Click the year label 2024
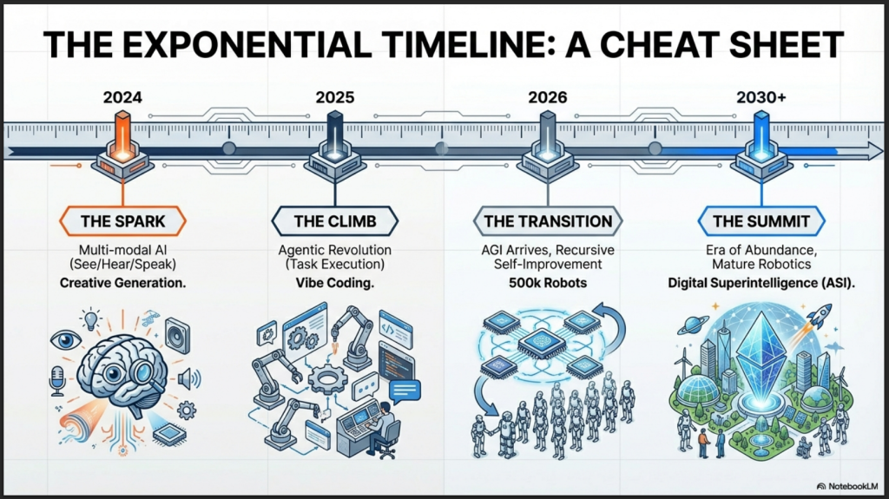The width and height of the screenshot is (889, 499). [x=122, y=97]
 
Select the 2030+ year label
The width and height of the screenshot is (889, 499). [x=761, y=97]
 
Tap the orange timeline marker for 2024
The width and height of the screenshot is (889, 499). [x=122, y=147]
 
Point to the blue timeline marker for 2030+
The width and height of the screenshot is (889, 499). [x=761, y=147]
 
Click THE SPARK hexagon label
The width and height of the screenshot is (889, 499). [x=122, y=221]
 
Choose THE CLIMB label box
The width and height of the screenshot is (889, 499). [x=335, y=221]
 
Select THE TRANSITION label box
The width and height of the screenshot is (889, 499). [x=548, y=221]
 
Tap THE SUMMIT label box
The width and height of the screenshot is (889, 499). [x=761, y=221]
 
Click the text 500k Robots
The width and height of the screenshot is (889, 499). [x=548, y=282]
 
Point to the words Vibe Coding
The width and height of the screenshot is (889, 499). [x=335, y=283]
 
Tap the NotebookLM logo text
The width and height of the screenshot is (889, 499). [x=853, y=486]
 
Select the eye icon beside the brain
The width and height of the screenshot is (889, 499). [x=66, y=340]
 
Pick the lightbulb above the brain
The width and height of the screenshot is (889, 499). [x=90, y=319]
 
